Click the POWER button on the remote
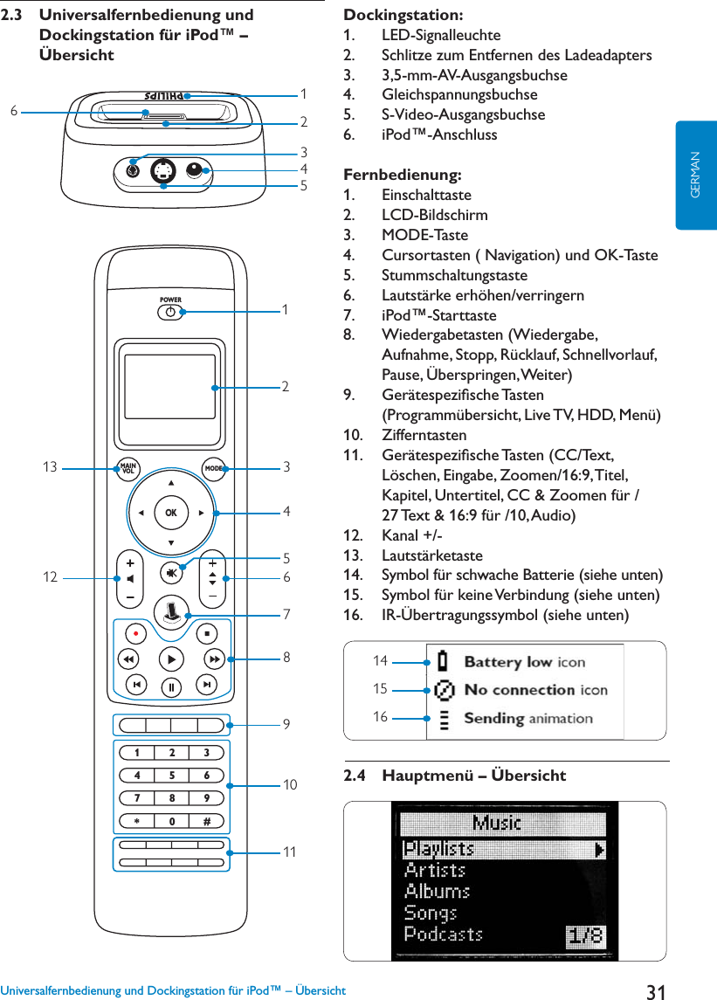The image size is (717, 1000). tap(170, 311)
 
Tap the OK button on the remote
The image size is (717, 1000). tap(170, 513)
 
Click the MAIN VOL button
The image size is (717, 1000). tap(129, 468)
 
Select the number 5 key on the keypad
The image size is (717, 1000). tap(171, 775)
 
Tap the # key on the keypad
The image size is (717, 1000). tap(207, 821)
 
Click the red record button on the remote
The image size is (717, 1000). tap(135, 631)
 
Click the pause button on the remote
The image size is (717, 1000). tap(171, 685)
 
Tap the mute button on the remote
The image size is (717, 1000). tap(171, 572)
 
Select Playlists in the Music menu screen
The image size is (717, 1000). tap(438, 849)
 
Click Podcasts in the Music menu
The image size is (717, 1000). tap(444, 934)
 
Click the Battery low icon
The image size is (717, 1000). tap(445, 661)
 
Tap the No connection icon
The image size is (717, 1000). tap(445, 690)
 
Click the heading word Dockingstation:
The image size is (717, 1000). tap(403, 15)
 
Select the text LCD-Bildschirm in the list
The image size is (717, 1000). tap(435, 215)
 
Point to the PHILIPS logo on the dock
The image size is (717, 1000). tap(164, 94)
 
